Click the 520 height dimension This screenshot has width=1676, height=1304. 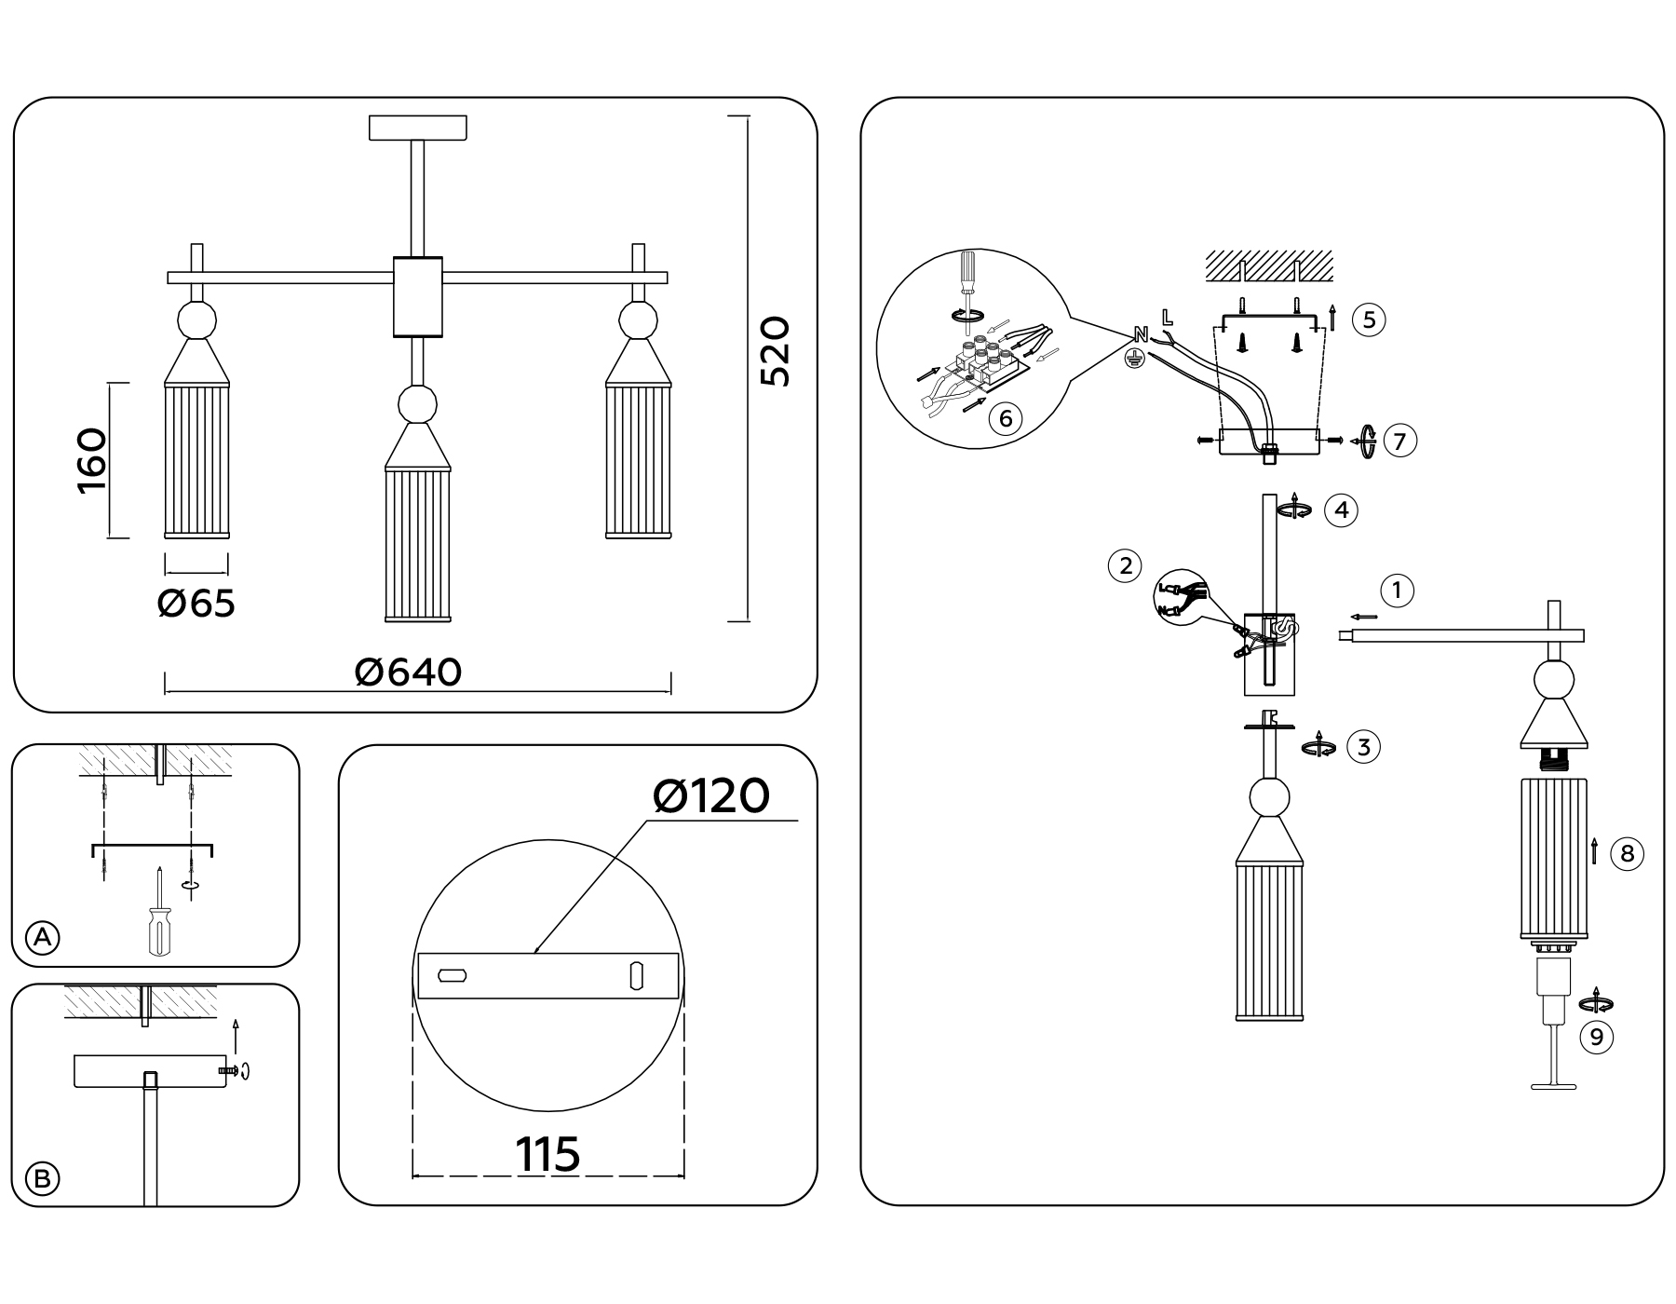775,352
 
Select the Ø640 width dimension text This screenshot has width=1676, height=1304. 409,672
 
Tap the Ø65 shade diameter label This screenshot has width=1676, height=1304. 196,604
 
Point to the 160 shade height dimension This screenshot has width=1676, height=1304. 92,461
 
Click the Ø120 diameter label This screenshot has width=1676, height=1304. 711,796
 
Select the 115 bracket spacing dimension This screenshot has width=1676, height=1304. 547,1155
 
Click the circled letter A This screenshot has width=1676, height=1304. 42,938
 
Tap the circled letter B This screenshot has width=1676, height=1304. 42,1179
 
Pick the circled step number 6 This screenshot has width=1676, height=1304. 1006,418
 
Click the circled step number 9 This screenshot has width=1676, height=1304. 1597,1037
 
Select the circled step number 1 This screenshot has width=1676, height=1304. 1397,590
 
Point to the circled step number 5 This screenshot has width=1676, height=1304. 1369,319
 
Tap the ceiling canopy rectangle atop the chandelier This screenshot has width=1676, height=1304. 418,128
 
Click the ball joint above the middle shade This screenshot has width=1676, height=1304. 417,405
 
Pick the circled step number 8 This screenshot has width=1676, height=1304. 1627,854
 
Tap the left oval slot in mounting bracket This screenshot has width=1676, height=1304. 453,976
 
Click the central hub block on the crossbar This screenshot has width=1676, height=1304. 418,296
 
